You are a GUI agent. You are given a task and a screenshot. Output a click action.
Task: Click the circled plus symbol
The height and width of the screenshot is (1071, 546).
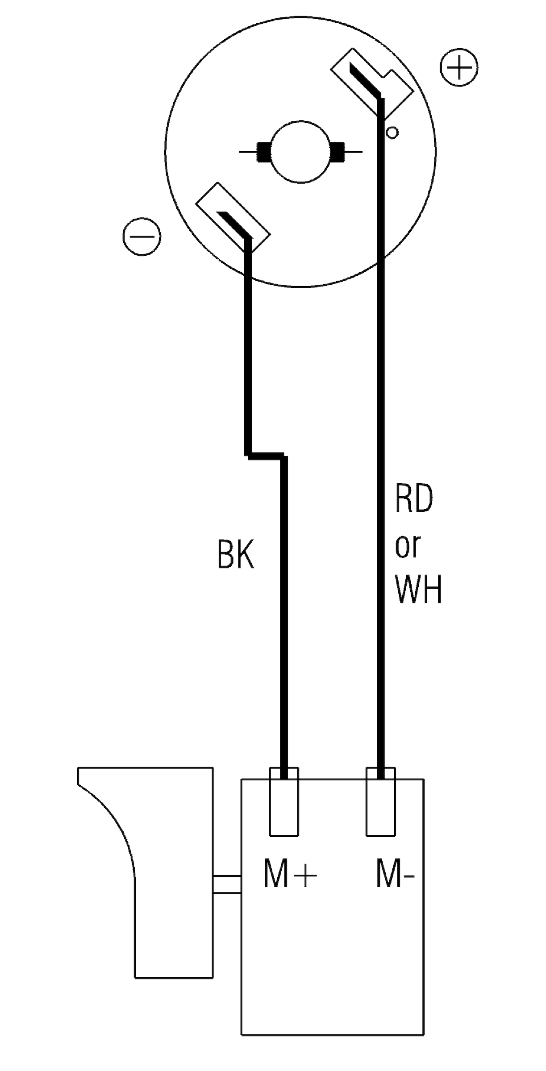pyautogui.click(x=459, y=68)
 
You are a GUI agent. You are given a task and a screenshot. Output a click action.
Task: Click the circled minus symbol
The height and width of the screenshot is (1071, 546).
pyautogui.click(x=142, y=237)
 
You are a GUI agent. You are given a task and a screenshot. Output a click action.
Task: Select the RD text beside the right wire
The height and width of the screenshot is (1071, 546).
pyautogui.click(x=414, y=499)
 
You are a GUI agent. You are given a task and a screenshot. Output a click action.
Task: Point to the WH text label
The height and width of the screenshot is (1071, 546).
pyautogui.click(x=418, y=589)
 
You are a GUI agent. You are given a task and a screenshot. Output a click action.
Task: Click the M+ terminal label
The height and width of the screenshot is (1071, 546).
pyautogui.click(x=290, y=874)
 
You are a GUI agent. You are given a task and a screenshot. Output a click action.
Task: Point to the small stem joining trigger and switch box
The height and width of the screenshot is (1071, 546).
pyautogui.click(x=227, y=884)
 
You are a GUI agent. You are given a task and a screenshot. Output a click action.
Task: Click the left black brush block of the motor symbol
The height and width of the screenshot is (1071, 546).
pyautogui.click(x=264, y=152)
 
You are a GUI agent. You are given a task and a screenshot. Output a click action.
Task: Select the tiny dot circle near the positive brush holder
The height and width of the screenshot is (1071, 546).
pyautogui.click(x=392, y=133)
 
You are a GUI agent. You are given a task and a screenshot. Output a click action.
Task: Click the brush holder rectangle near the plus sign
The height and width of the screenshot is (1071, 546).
pyautogui.click(x=372, y=83)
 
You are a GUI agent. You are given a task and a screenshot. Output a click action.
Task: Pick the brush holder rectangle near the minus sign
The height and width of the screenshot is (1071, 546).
pyautogui.click(x=233, y=217)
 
